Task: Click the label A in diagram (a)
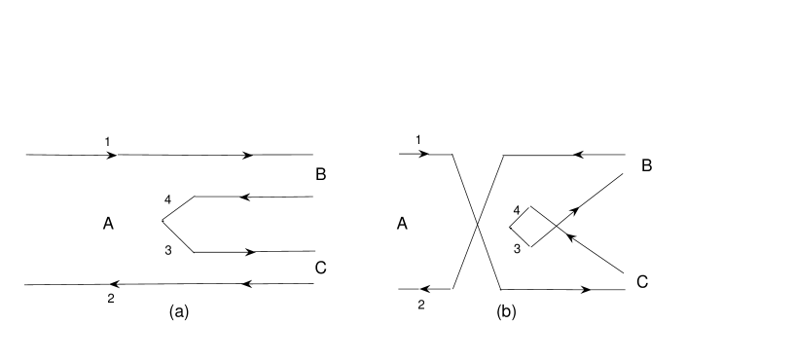(108, 224)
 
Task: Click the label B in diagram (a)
(321, 175)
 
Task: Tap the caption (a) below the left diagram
(178, 311)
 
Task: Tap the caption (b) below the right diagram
(507, 311)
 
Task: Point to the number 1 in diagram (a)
(108, 142)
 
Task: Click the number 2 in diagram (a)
(111, 299)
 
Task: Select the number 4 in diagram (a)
(167, 199)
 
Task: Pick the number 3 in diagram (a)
(167, 252)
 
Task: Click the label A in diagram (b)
(402, 224)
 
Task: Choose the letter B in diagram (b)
(646, 166)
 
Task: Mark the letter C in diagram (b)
(642, 282)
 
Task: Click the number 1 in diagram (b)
(418, 141)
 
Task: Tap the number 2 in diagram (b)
(420, 305)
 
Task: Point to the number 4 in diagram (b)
(517, 209)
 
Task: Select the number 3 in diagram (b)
(517, 248)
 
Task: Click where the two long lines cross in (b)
(477, 223)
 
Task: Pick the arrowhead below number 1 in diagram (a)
(113, 155)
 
